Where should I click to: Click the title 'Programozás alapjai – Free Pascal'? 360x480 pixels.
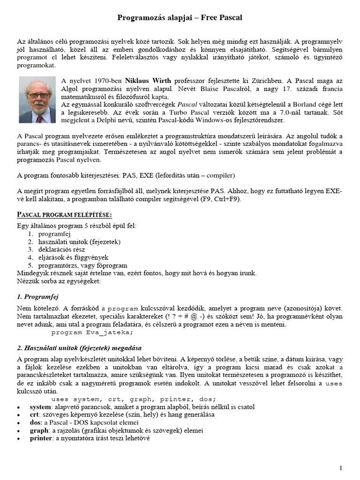click(180, 18)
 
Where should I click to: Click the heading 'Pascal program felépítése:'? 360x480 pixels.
click(65, 215)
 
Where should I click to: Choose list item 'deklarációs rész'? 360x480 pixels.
click(62, 249)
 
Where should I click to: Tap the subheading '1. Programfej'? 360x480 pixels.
click(37, 297)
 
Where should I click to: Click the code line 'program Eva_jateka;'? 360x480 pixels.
click(92, 333)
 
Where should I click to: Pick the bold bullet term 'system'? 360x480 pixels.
click(41, 406)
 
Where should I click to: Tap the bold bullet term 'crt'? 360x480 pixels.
click(35, 414)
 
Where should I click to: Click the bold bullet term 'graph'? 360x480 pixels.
click(39, 430)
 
